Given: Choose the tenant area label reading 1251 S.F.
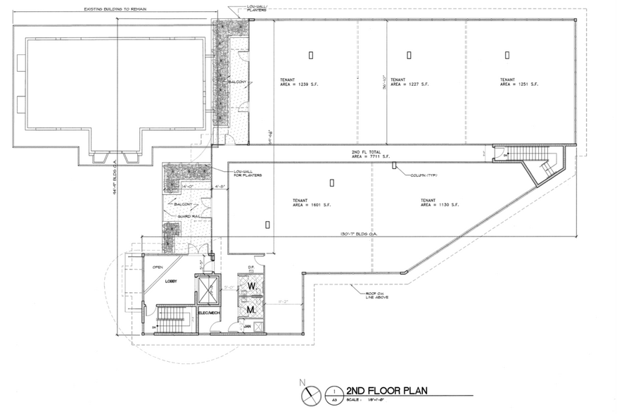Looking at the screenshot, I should pyautogui.click(x=519, y=82).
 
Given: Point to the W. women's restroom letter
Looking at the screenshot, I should pyautogui.click(x=249, y=289).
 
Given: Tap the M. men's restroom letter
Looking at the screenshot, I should pyautogui.click(x=249, y=308).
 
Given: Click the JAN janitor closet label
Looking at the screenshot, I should pyautogui.click(x=248, y=326).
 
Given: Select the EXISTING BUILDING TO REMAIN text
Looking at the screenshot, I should pyautogui.click(x=117, y=9).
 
